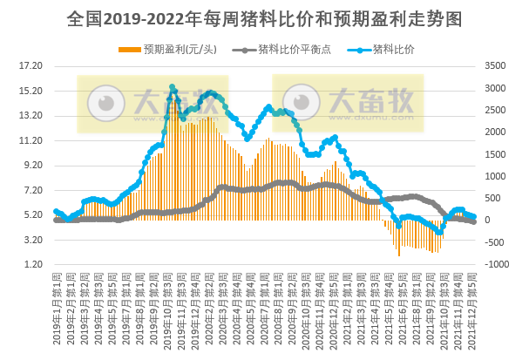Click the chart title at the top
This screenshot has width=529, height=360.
[264, 18]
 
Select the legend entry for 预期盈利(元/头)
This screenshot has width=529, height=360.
[174, 49]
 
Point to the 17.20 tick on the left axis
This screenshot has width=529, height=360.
[31, 65]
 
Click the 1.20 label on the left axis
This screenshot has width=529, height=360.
[31, 264]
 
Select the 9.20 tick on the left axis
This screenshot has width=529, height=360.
[31, 165]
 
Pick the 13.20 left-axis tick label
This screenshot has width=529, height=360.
[31, 115]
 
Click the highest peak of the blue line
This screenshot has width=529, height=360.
[173, 87]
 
